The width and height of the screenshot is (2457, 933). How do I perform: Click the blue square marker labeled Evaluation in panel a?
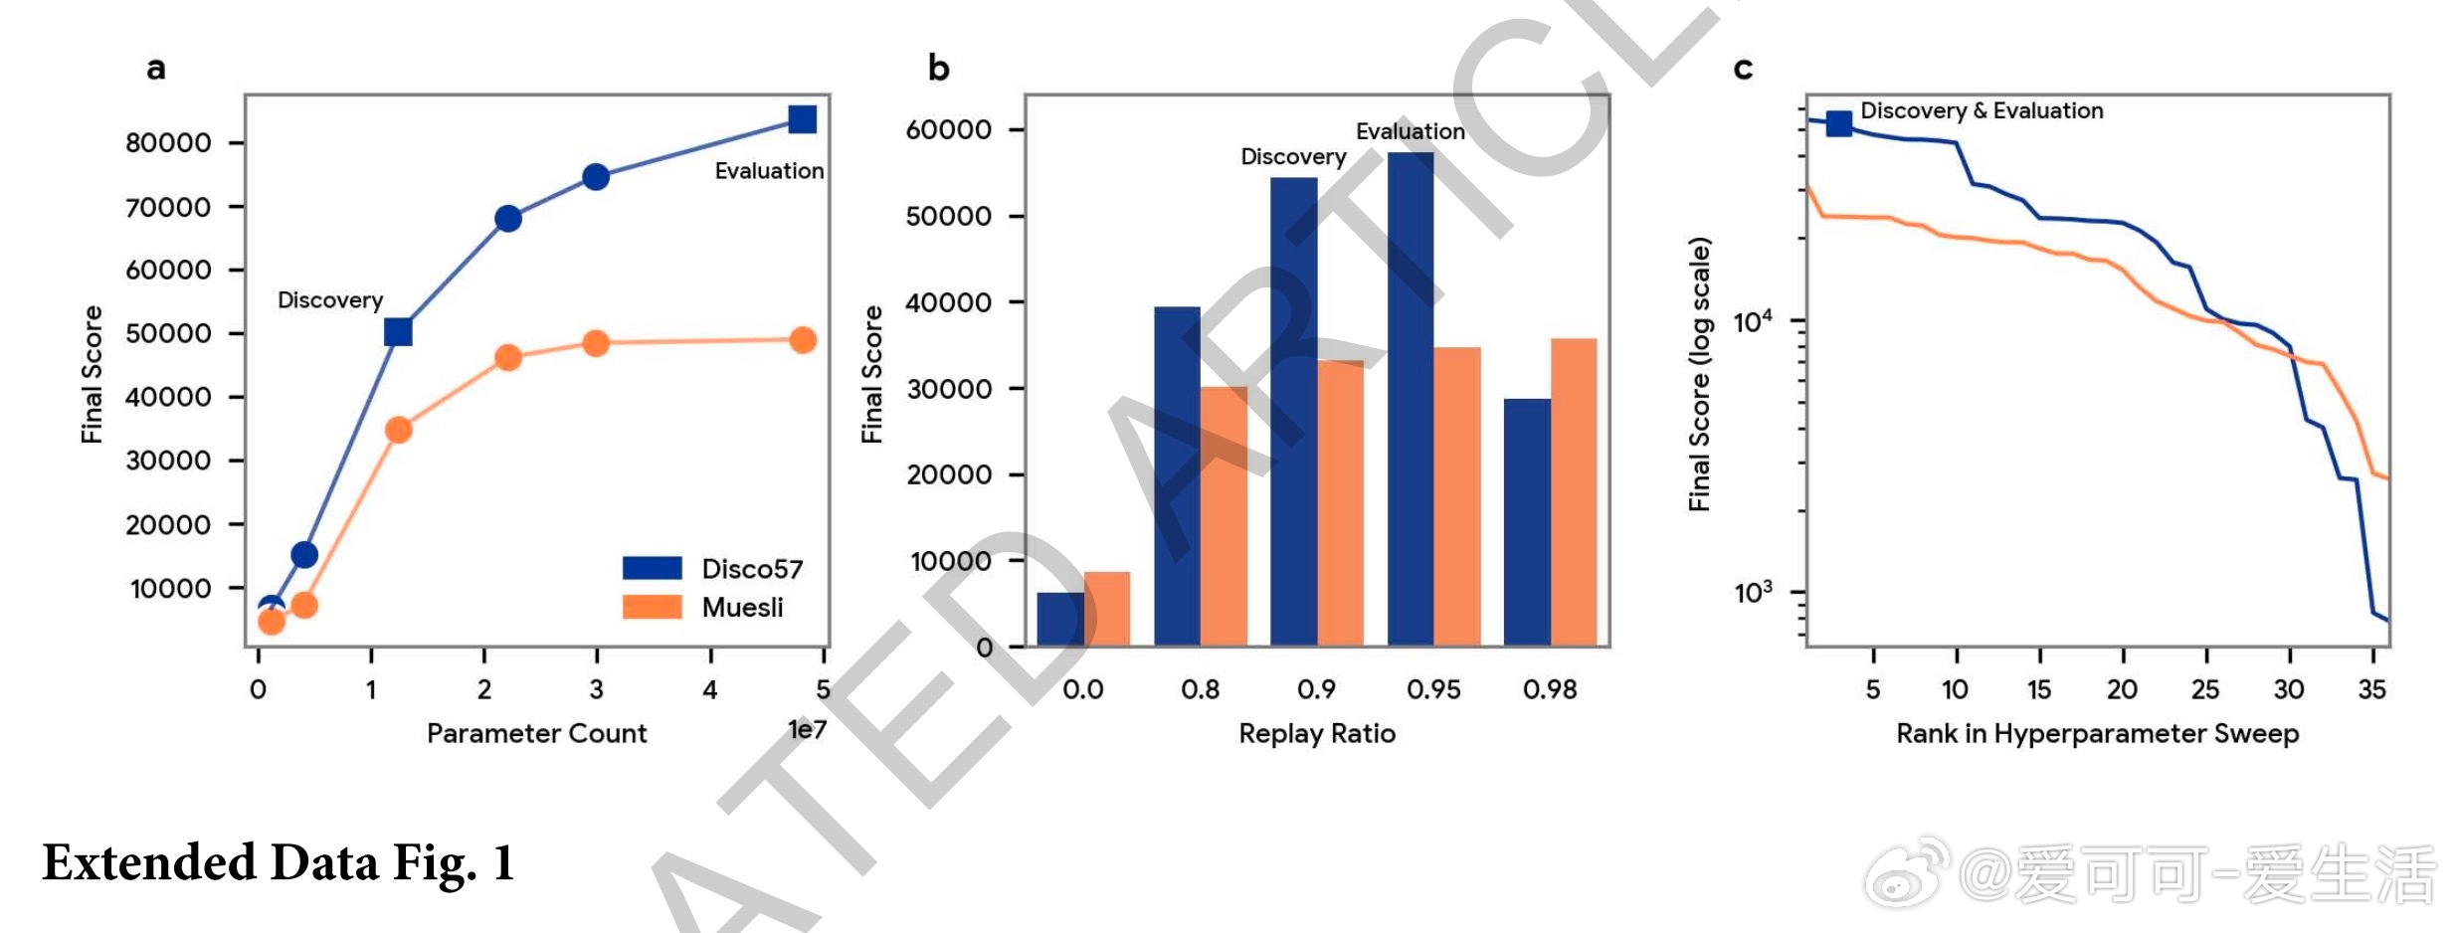point(802,119)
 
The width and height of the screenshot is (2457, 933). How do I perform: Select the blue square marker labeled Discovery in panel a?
point(398,331)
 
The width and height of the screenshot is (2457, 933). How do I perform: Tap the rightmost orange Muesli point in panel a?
point(803,340)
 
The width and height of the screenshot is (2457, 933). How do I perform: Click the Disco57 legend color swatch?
point(652,568)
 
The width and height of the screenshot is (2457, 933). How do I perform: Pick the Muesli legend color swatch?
point(652,607)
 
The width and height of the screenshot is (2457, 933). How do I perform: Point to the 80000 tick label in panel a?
point(168,143)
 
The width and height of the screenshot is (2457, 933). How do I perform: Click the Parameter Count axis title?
point(536,734)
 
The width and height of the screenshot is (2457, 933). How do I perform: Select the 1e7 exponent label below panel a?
point(807,730)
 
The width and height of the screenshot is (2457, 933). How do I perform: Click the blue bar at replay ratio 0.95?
point(1411,398)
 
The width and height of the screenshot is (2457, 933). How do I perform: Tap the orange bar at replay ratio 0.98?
point(1574,492)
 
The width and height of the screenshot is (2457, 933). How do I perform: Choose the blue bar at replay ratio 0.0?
point(1060,620)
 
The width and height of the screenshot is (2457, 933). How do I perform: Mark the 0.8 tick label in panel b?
point(1201,689)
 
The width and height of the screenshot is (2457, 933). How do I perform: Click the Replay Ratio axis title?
point(1316,734)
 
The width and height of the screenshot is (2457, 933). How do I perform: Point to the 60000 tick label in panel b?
point(948,130)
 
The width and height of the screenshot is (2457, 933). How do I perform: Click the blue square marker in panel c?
point(1839,123)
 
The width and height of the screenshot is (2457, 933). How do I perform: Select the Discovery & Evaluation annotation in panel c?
point(1982,110)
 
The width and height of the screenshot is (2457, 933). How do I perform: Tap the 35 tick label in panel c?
point(2371,689)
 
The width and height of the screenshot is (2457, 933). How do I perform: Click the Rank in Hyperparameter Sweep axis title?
point(2097,734)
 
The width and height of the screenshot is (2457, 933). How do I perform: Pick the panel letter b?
point(938,68)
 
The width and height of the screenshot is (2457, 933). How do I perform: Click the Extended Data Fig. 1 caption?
point(278,862)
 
